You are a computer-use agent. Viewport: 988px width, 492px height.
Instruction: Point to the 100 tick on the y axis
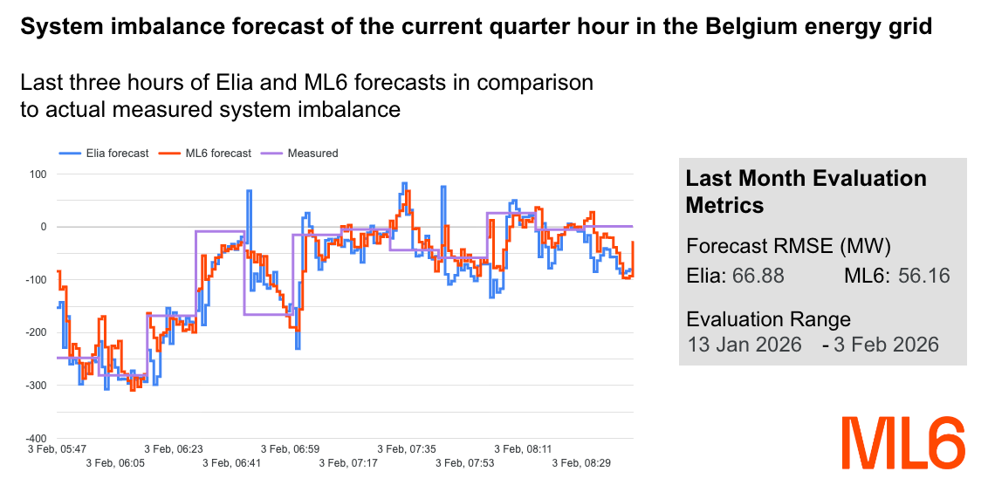(38, 174)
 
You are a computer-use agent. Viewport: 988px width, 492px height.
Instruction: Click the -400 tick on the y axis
(36, 438)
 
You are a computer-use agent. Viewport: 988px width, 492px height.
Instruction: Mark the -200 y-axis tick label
(36, 332)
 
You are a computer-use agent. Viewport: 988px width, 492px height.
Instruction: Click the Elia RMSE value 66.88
(758, 277)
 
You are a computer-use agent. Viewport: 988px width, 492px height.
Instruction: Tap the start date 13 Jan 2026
(744, 345)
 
